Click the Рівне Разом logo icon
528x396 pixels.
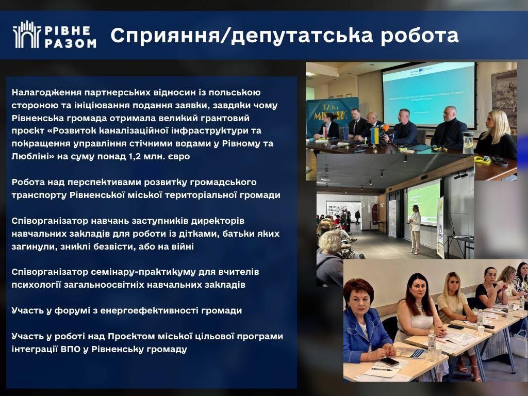click(27, 35)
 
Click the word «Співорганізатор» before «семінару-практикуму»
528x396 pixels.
click(50, 272)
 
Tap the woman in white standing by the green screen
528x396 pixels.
click(415, 229)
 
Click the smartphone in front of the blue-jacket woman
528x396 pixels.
click(390, 361)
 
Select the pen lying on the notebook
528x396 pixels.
click(382, 369)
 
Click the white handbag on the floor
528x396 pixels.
click(519, 343)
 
